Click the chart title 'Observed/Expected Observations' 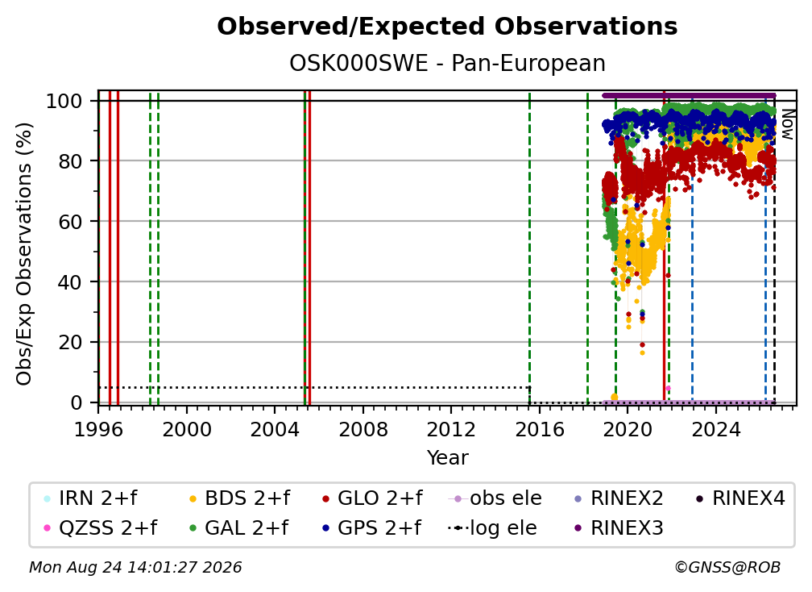click(x=447, y=27)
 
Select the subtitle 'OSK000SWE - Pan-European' click(x=447, y=64)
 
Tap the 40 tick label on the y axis click(x=70, y=282)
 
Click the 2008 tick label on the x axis click(x=362, y=429)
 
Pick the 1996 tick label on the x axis click(x=98, y=429)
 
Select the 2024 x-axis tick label click(x=715, y=429)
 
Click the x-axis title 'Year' click(x=447, y=458)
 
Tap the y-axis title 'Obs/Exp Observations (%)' click(x=24, y=254)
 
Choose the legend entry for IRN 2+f click(x=91, y=498)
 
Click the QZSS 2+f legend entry click(x=101, y=528)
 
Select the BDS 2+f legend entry click(x=239, y=498)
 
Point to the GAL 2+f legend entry click(x=238, y=528)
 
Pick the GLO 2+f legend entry click(x=372, y=498)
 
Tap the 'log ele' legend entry click(x=492, y=528)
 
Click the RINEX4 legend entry click(x=740, y=498)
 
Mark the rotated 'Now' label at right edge click(x=786, y=124)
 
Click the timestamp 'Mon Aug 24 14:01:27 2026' click(x=135, y=567)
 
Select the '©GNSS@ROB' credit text click(x=727, y=567)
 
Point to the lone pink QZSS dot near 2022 click(x=668, y=388)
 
